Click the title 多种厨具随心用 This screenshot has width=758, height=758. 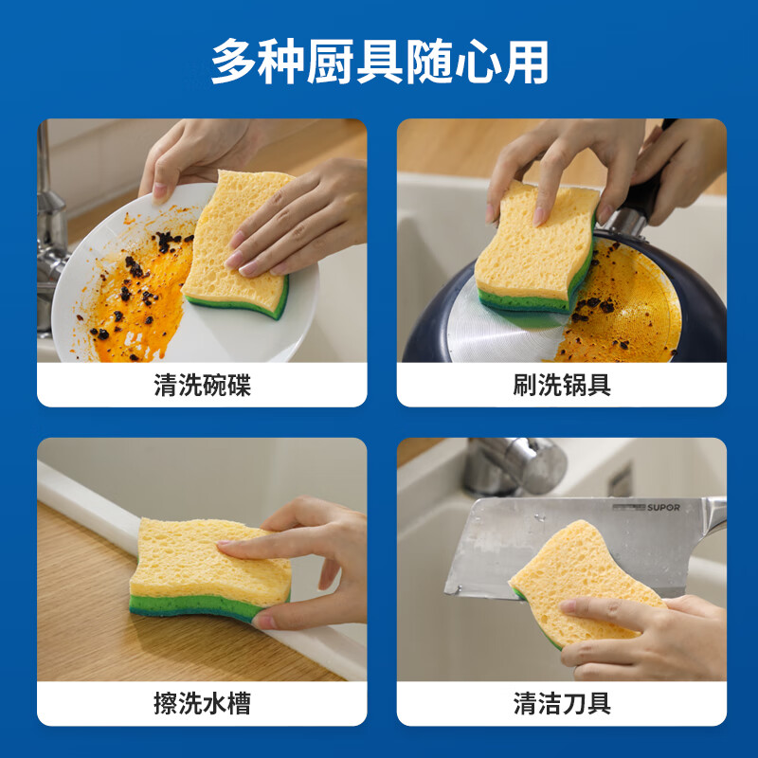[x=379, y=62]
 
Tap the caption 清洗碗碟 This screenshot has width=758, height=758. [x=202, y=386]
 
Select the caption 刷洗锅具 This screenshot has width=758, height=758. [x=561, y=386]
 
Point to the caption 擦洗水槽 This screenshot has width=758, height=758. [x=202, y=704]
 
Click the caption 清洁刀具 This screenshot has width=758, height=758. [x=561, y=704]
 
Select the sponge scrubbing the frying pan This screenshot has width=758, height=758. [x=535, y=246]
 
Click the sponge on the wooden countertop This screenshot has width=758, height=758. [x=204, y=568]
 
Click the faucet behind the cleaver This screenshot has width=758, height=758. [x=516, y=464]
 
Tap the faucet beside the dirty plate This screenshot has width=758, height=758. [x=47, y=218]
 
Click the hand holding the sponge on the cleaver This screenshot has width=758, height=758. [x=644, y=635]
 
